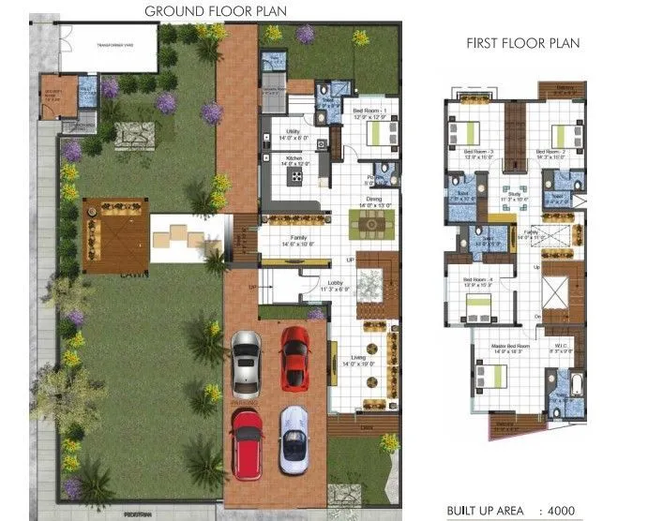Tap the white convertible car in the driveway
tap(294, 438)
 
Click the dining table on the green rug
tap(372, 224)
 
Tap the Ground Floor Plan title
tap(215, 11)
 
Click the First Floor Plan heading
tap(522, 43)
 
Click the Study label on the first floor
tap(488, 193)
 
